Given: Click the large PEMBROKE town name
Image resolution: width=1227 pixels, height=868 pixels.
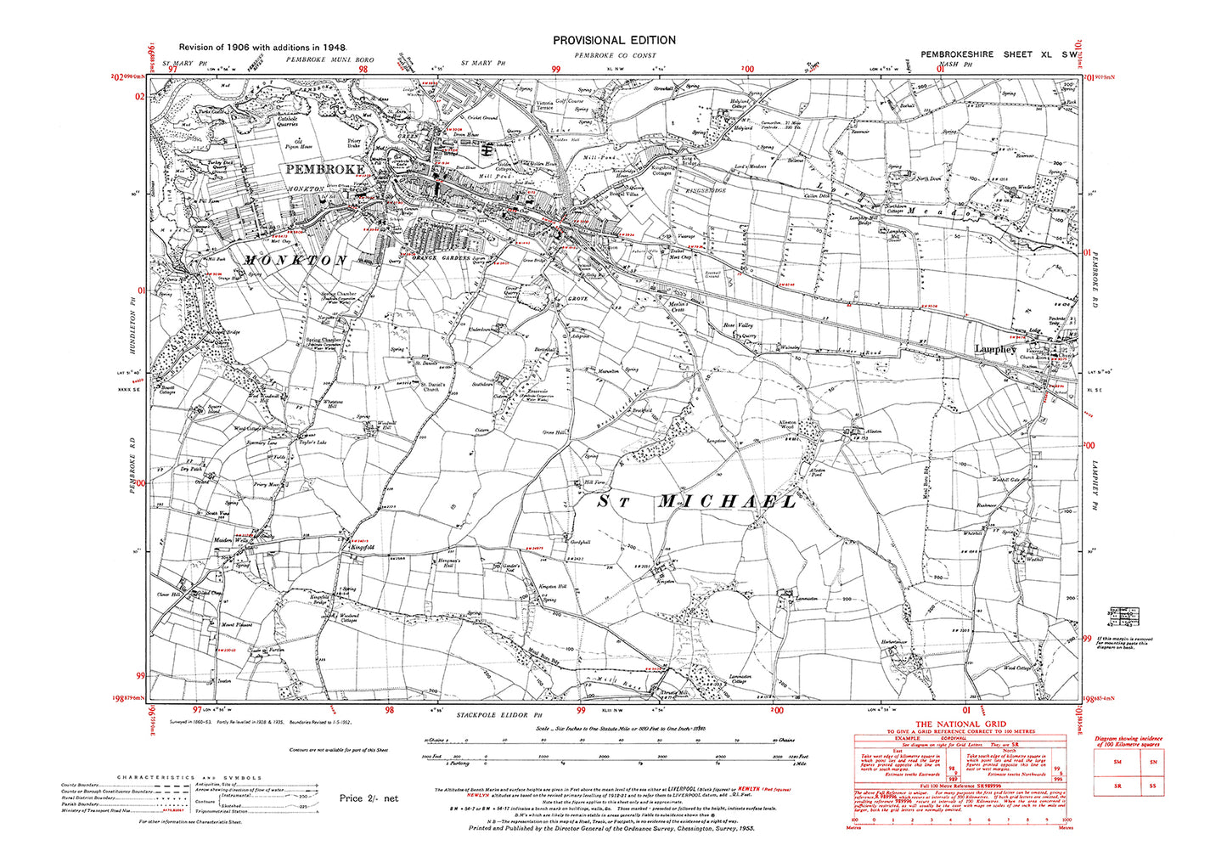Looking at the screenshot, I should pos(325,169).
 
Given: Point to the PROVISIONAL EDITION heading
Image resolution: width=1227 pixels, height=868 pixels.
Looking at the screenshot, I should pos(614,40).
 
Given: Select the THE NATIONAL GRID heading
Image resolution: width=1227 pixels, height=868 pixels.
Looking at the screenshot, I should pos(961,722).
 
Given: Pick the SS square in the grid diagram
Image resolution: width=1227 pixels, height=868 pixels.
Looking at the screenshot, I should pos(1152,787).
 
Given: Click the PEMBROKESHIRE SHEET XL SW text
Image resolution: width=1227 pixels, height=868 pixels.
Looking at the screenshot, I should pos(999,54).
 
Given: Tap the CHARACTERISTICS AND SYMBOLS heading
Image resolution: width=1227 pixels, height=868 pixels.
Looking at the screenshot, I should pos(189,777).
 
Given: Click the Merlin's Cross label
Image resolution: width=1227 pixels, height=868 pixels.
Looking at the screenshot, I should pos(678,307).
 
